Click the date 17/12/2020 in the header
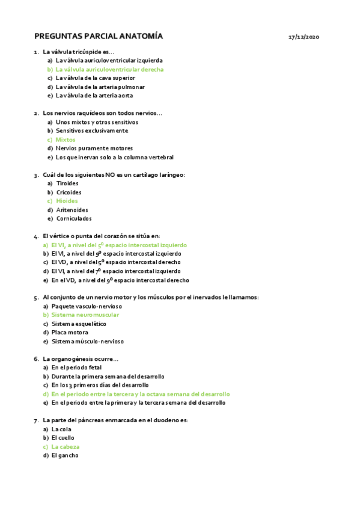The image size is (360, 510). (304, 37)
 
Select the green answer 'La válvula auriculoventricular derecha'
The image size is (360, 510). (109, 69)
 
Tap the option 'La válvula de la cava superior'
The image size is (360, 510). (95, 78)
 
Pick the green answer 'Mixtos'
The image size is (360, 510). (66, 140)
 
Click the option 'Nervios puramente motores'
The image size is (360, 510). (94, 149)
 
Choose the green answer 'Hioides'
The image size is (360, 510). (67, 201)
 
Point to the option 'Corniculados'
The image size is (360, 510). (73, 218)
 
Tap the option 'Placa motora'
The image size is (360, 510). (70, 333)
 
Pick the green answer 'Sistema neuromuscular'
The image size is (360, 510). (85, 315)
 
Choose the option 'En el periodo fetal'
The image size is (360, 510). (76, 367)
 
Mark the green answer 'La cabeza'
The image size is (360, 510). (66, 447)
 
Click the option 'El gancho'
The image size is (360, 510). (65, 456)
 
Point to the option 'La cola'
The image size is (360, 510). (62, 429)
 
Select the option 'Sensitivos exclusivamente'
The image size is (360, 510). (91, 131)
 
